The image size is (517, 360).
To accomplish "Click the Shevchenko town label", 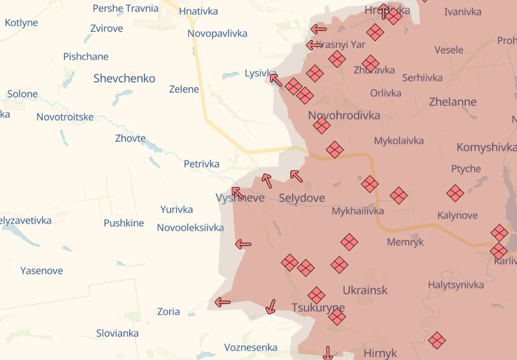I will (x=124, y=78).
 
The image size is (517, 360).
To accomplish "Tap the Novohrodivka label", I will (x=344, y=115).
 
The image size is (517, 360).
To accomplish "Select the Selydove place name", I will (x=301, y=198).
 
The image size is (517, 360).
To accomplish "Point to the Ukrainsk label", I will (x=364, y=290).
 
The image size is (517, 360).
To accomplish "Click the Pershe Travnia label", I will (x=125, y=9).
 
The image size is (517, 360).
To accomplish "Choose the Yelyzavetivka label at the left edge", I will (x=26, y=221).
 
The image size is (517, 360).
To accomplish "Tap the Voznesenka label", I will (x=251, y=348).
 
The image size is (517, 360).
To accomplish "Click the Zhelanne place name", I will (x=452, y=102).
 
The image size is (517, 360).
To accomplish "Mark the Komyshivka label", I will (x=486, y=147).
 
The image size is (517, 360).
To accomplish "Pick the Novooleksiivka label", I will (x=190, y=227).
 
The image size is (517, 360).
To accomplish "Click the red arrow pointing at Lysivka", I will (x=276, y=80).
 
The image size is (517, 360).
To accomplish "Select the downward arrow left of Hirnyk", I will (x=328, y=352).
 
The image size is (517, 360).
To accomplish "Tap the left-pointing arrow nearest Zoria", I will (x=222, y=303).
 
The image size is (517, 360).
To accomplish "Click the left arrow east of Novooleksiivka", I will (x=243, y=245).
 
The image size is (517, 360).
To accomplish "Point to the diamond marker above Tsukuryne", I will (x=316, y=295).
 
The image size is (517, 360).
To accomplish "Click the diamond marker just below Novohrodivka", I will (x=321, y=125).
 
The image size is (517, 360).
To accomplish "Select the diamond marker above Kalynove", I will (x=455, y=193).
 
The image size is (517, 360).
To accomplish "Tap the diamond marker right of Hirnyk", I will (x=437, y=340).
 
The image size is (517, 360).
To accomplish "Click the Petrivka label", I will (x=201, y=164).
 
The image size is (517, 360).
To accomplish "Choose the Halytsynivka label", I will (x=455, y=285).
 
